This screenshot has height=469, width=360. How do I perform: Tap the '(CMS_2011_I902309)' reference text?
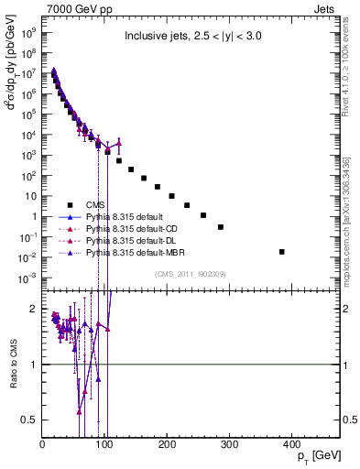(x=191, y=272)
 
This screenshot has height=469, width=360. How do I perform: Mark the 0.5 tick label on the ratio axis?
(x=28, y=420)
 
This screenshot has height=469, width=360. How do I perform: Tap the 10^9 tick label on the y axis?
(x=29, y=30)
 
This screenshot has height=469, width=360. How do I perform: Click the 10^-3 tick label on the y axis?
(x=27, y=278)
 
